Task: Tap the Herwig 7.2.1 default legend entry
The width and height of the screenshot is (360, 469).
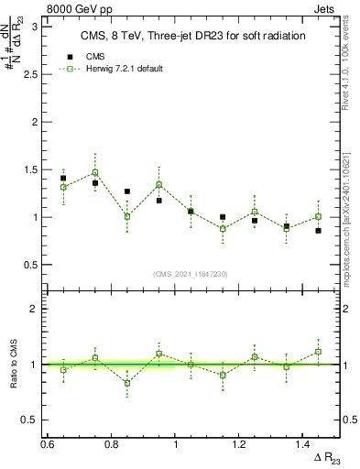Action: click(x=124, y=70)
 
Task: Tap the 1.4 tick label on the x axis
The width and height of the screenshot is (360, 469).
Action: click(x=305, y=444)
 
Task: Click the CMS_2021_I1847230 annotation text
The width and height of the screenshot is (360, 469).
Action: click(x=191, y=274)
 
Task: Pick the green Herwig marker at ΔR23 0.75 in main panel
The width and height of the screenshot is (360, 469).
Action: click(x=94, y=172)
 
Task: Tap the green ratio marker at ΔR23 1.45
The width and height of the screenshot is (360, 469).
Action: click(x=319, y=352)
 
